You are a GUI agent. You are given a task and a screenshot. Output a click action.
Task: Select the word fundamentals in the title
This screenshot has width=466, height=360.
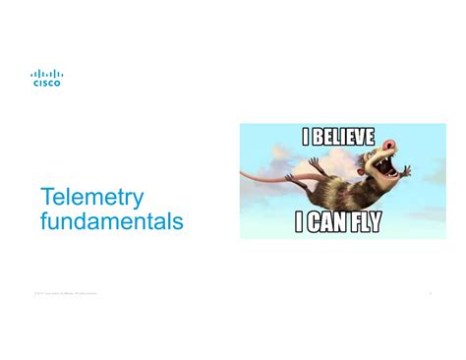pyautogui.click(x=111, y=222)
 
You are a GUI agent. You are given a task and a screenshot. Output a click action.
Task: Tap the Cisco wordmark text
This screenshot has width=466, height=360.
pyautogui.click(x=46, y=84)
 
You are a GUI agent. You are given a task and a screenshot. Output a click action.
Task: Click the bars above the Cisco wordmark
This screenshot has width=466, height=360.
pyautogui.click(x=46, y=74)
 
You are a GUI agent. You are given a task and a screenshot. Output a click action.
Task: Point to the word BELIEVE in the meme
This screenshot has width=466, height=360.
pyautogui.click(x=343, y=137)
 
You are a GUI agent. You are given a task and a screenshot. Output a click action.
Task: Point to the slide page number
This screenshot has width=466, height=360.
pyautogui.click(x=430, y=292)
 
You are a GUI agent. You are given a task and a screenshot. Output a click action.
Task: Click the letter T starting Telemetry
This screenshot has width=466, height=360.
pyautogui.click(x=46, y=198)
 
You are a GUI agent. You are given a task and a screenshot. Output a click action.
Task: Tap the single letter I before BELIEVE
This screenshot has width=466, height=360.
pyautogui.click(x=306, y=137)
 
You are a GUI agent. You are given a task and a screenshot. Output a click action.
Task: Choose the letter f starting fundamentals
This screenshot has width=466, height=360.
pyautogui.click(x=44, y=222)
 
